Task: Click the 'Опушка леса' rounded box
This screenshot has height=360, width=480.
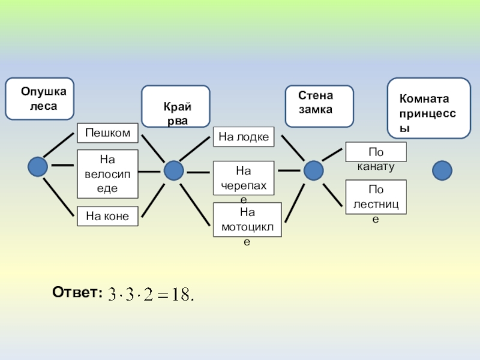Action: click(40, 98)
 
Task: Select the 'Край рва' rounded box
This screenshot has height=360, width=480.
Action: click(175, 106)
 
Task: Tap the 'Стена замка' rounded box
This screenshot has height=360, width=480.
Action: click(319, 106)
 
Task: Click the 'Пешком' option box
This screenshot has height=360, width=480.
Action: click(107, 132)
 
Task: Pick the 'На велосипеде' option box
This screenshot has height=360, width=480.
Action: click(107, 174)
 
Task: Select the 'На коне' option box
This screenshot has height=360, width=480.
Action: click(107, 215)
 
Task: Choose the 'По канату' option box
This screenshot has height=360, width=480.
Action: click(376, 152)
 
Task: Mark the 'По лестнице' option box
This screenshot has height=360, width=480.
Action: click(376, 197)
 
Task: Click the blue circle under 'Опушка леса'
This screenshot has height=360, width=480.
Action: click(38, 166)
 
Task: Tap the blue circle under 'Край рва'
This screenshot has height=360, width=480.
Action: click(174, 170)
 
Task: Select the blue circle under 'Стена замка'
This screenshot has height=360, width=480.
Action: click(313, 170)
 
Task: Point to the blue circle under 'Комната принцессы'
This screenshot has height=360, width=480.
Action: click(442, 170)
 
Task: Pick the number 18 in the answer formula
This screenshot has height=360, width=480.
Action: click(181, 295)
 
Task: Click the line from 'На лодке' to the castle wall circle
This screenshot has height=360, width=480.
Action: click(292, 148)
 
